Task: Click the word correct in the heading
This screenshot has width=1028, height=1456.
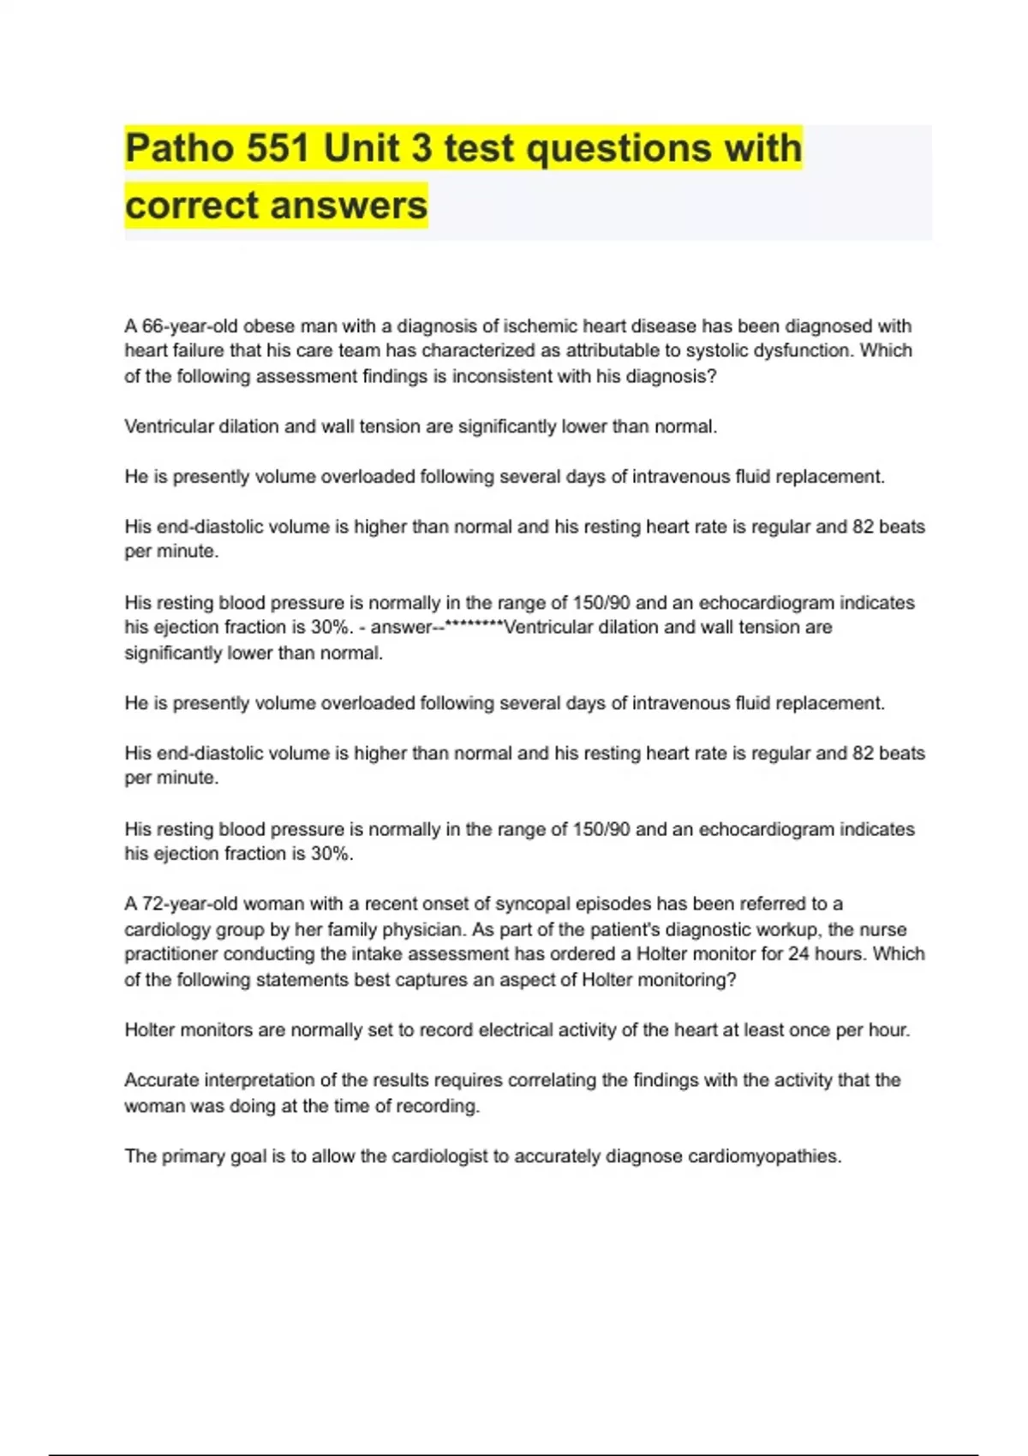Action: tap(192, 206)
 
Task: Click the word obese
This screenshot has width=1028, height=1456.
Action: tap(267, 326)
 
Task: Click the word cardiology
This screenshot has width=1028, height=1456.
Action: tap(165, 930)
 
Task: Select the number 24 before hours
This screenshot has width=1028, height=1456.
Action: tap(798, 954)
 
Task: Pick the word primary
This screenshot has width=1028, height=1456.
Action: tap(192, 1156)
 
